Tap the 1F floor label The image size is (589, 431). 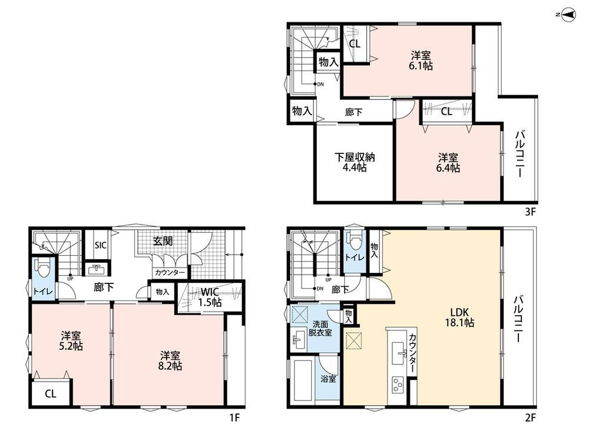234,417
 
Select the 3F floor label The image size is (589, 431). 530,212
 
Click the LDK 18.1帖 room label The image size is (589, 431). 459,317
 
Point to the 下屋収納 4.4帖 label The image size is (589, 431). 355,162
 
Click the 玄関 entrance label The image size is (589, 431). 163,241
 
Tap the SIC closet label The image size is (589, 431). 100,245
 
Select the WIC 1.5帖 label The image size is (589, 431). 210,297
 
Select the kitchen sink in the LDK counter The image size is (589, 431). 400,353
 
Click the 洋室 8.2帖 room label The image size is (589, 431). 170,360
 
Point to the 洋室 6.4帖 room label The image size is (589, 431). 448,162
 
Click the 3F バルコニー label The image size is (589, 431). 520,154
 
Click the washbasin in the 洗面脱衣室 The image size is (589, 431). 299,339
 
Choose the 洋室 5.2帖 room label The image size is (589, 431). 71,340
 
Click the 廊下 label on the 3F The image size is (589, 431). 353,112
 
